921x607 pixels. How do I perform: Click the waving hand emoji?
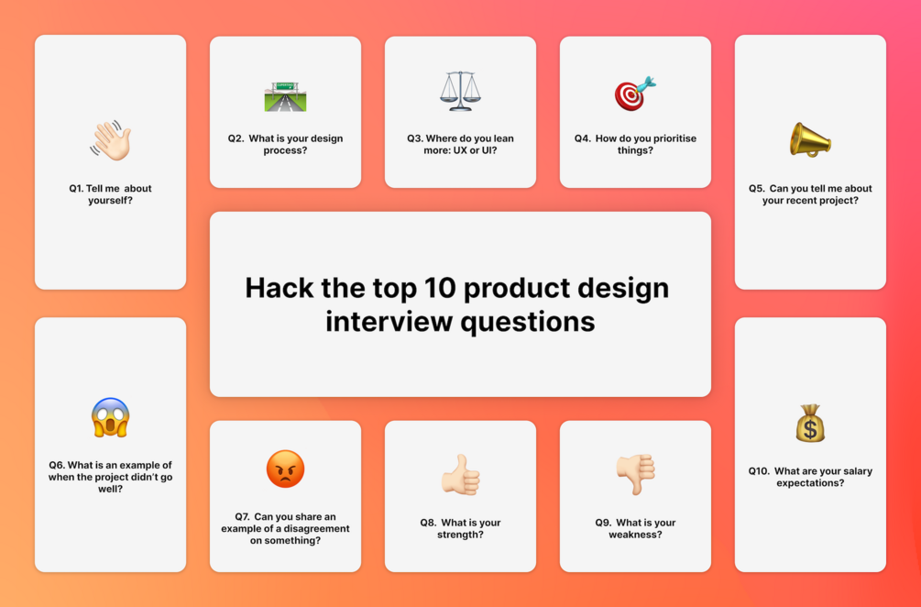[x=110, y=140]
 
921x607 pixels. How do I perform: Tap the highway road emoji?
[x=285, y=96]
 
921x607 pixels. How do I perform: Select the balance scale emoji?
[x=460, y=91]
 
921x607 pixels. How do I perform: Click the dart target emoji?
[x=635, y=93]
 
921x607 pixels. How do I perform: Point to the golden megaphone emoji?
[x=810, y=139]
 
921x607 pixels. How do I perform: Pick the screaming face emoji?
[x=110, y=417]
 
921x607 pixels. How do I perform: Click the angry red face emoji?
[x=285, y=469]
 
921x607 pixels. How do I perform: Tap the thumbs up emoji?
[x=460, y=474]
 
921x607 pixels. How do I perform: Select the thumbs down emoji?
[x=636, y=474]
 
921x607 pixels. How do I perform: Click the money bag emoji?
[x=810, y=423]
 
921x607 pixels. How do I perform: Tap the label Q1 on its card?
[x=76, y=189]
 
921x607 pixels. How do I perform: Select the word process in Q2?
[x=285, y=151]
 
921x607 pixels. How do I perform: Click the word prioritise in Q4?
[x=668, y=138]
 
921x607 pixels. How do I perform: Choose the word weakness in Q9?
[x=635, y=535]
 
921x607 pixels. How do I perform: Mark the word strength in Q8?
[x=460, y=535]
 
